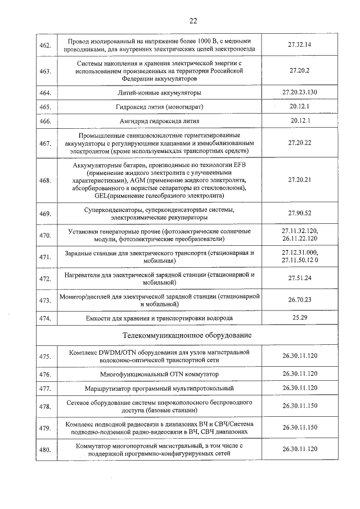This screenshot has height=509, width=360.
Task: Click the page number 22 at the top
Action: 193,21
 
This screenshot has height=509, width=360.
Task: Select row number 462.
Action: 45,46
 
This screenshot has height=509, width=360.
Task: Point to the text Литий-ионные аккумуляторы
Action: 159,92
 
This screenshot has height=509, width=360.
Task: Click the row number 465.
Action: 45,107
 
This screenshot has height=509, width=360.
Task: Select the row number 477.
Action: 45,389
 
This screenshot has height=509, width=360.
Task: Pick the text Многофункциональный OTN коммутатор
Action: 159,373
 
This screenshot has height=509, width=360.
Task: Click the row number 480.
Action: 45,449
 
